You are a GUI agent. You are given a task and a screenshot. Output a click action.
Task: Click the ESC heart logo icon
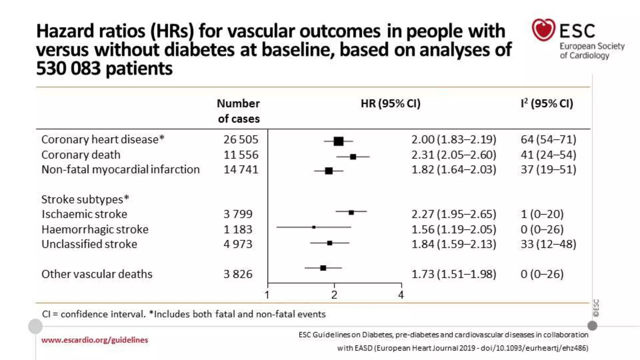pyautogui.click(x=543, y=30)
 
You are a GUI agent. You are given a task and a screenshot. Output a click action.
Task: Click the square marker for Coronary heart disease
pyautogui.click(x=338, y=141)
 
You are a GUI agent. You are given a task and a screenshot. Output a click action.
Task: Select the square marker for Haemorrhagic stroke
pyautogui.click(x=314, y=227)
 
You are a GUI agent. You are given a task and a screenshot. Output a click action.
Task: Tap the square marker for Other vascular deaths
pyautogui.click(x=323, y=268)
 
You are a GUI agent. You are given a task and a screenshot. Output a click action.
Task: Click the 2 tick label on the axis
pyautogui.click(x=334, y=295)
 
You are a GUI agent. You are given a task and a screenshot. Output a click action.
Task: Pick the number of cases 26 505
pyautogui.click(x=241, y=139)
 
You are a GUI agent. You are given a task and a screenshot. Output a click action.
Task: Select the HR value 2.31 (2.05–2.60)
pyautogui.click(x=453, y=155)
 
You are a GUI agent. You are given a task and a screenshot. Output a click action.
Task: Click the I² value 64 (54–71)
pyautogui.click(x=548, y=139)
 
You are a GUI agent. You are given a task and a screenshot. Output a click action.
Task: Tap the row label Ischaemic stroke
pyautogui.click(x=84, y=214)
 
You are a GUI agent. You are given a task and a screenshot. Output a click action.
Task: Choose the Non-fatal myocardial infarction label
pyautogui.click(x=120, y=169)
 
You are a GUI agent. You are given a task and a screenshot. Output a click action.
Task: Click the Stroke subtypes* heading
pyautogui.click(x=85, y=199)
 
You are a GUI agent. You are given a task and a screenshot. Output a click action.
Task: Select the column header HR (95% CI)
pyautogui.click(x=390, y=103)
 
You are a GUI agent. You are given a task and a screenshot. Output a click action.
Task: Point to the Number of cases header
pyautogui.click(x=238, y=111)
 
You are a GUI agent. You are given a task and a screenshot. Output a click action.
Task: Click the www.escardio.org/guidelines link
pyautogui.click(x=94, y=340)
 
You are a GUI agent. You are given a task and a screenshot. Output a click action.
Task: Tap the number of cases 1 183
pyautogui.click(x=237, y=229)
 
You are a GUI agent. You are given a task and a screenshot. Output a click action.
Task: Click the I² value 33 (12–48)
pyautogui.click(x=548, y=244)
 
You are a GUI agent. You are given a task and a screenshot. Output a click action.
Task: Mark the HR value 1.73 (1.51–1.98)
pyautogui.click(x=453, y=274)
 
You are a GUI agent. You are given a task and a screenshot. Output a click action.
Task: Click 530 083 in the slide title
pyautogui.click(x=68, y=68)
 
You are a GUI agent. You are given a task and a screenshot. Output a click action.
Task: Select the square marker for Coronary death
pyautogui.click(x=353, y=157)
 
